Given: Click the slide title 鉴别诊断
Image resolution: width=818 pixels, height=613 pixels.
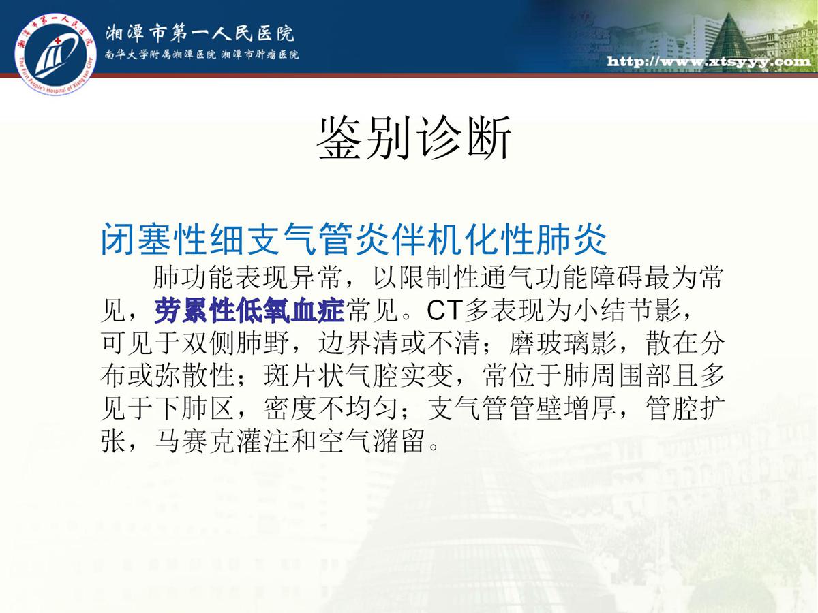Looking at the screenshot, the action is point(414,138).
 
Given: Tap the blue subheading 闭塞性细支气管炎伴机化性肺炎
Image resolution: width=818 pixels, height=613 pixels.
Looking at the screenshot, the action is point(354,239).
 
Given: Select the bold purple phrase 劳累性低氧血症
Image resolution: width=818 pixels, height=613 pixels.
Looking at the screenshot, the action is point(249,310).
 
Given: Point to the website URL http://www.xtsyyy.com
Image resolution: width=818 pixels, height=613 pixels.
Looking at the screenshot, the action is point(709,61).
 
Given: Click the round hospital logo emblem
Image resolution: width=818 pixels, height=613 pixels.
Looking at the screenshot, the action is point(55,54).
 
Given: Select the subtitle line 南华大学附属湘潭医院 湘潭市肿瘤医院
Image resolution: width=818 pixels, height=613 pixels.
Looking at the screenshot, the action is point(202,55).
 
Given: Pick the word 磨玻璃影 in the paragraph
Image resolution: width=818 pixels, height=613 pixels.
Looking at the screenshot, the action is point(563,343).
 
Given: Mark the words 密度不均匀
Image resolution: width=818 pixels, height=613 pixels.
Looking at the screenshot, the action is point(331,408).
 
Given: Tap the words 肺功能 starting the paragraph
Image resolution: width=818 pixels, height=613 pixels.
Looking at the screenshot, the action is point(194,278).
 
